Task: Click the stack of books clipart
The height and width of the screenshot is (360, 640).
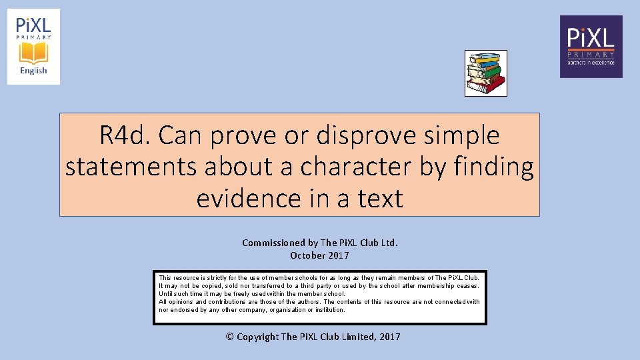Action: point(486,73)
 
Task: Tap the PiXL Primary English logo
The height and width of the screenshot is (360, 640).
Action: point(33,47)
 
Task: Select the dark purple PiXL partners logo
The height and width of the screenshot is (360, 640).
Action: point(591,47)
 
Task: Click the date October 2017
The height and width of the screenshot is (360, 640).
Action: point(319,255)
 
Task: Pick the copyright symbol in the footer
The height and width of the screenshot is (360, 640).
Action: point(230,337)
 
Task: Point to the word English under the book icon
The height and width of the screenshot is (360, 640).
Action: point(33,71)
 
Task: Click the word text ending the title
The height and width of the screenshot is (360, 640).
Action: point(381,198)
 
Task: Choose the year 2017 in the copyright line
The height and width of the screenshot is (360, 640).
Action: point(389,337)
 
